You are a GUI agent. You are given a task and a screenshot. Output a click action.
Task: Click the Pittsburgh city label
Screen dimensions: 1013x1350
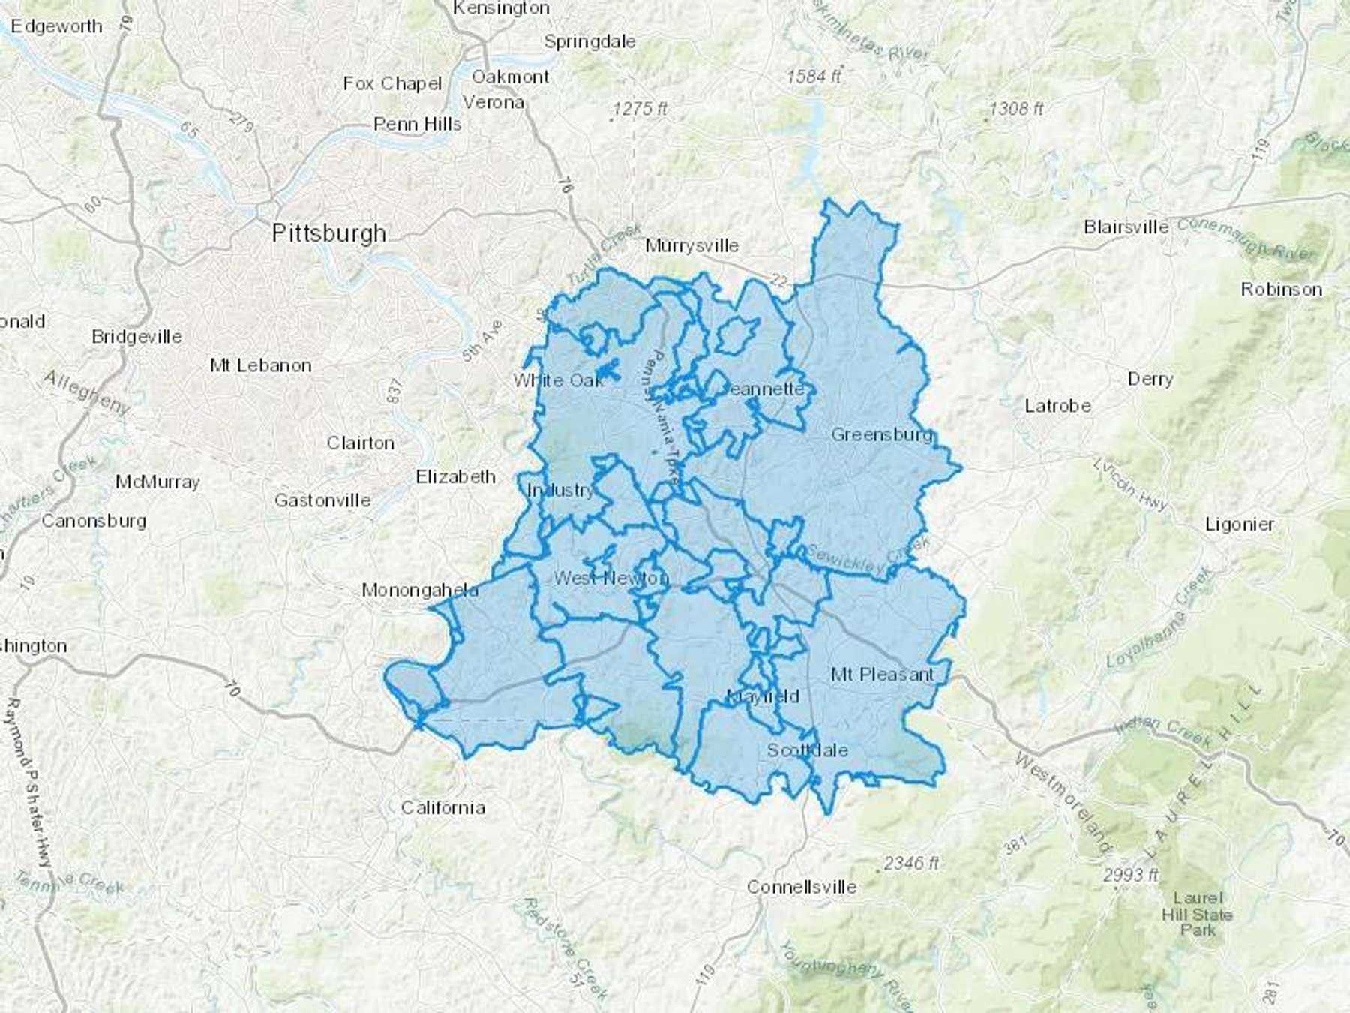coord(328,233)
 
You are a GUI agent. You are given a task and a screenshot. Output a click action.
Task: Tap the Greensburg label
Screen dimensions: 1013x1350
coord(882,434)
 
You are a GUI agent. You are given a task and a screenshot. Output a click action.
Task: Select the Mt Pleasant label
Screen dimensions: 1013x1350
coord(883,674)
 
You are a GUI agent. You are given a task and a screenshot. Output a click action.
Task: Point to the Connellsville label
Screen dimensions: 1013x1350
coord(801,887)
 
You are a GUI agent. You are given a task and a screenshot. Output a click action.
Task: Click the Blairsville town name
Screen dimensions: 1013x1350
coord(1126,227)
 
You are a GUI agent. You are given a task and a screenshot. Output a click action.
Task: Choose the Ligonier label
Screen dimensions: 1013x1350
coord(1239,525)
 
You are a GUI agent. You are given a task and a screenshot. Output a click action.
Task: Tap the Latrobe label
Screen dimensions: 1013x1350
coord(1057,406)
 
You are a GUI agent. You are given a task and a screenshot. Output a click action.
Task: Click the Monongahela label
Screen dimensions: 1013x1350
coord(420,590)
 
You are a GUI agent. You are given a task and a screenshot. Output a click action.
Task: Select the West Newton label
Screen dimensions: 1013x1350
coord(610,578)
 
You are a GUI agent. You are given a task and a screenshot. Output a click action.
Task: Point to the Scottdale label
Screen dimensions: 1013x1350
coord(807,750)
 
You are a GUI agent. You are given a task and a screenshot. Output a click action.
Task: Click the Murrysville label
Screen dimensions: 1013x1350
coord(691,245)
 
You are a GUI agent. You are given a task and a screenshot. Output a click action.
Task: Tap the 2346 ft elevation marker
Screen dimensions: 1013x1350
coord(910,864)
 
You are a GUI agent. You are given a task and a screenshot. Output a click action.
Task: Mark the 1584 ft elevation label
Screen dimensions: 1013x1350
coord(814,76)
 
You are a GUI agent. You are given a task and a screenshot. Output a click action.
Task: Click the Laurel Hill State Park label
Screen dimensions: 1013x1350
coord(1197,913)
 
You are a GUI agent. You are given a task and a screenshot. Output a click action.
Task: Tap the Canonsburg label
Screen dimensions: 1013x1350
coord(94,520)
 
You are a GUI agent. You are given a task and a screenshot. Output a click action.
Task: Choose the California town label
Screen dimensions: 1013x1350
coord(442,807)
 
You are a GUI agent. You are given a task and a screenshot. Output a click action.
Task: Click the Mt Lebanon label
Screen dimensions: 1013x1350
coord(260,365)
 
